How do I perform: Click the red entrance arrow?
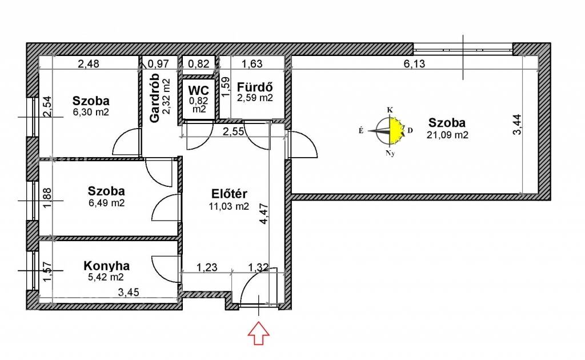[x=259, y=334]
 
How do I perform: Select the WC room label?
[x=198, y=90]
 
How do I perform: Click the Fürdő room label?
[x=255, y=87]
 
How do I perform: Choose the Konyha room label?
[x=107, y=266]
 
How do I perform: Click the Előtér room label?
[x=229, y=194]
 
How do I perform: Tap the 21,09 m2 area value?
[x=447, y=135]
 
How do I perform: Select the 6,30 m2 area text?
[x=91, y=112]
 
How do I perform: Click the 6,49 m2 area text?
[x=107, y=203]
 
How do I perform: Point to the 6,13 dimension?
[x=415, y=64]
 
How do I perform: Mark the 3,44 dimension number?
[x=518, y=124]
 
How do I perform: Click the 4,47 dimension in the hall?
[x=264, y=213]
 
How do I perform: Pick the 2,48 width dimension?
[x=89, y=64]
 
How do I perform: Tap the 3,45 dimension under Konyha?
[x=129, y=292]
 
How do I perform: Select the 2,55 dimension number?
[x=234, y=131]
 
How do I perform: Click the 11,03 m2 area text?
[x=229, y=206]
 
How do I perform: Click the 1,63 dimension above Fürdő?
[x=252, y=64]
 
